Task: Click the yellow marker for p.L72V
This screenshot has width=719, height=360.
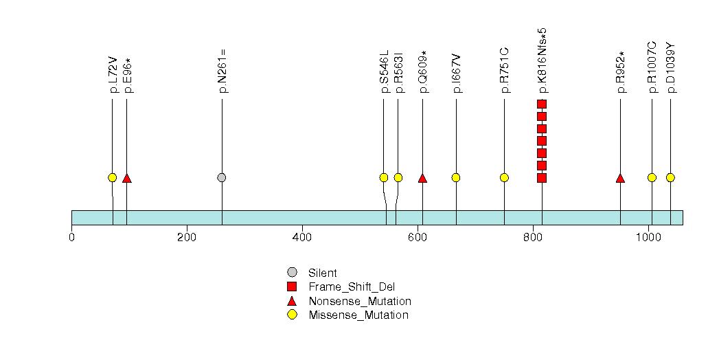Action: (x=113, y=177)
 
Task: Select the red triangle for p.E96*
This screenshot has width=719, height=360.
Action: (x=127, y=178)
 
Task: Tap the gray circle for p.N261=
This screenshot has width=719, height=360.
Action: (x=222, y=177)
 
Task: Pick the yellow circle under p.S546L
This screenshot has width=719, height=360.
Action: (x=384, y=177)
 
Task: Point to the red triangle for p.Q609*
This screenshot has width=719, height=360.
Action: (x=422, y=178)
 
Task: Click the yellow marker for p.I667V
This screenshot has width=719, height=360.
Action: (x=456, y=177)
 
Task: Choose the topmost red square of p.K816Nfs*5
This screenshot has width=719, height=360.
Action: (x=542, y=104)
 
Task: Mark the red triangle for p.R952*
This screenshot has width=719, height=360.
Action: (x=620, y=178)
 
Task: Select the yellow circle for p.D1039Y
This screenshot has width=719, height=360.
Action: (x=670, y=177)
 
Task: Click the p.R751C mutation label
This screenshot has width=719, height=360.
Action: (x=505, y=70)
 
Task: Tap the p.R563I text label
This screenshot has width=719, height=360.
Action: (x=398, y=72)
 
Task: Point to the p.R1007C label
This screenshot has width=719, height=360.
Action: (x=652, y=67)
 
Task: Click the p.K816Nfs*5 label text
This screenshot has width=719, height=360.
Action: (x=543, y=60)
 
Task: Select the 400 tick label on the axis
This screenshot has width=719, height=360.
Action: (x=302, y=238)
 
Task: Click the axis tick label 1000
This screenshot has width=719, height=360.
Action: (x=648, y=238)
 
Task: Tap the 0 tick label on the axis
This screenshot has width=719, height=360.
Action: (x=71, y=238)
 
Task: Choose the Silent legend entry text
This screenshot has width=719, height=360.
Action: (x=323, y=273)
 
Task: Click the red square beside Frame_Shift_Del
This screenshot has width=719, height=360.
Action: (x=292, y=286)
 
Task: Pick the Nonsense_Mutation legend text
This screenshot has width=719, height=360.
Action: (x=360, y=302)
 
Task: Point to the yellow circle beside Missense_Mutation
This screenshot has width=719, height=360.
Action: (x=292, y=315)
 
